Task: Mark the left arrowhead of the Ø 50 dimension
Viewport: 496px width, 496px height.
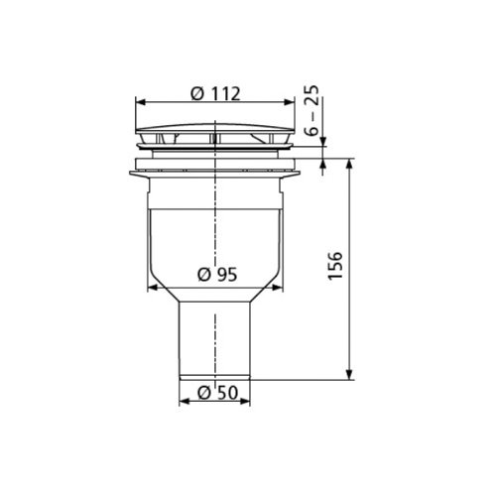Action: (183, 402)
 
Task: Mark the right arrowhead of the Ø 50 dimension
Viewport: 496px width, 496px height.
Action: (252, 402)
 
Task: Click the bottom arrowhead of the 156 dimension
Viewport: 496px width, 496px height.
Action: (349, 375)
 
